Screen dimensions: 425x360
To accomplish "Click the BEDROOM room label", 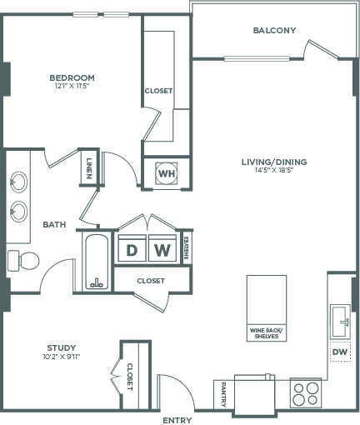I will point(70,77).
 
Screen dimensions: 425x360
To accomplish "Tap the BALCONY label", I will point(274,31).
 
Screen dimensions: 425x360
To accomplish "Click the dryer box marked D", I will point(132,249).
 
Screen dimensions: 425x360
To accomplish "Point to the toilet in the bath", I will point(25,260).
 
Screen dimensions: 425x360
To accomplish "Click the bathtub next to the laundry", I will point(97,261).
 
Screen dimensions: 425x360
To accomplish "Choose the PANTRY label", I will point(224,392).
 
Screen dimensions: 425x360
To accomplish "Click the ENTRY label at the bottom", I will point(177,419).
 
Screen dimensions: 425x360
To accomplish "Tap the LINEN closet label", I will point(89,168).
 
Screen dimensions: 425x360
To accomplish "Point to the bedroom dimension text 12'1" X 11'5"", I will point(70,86).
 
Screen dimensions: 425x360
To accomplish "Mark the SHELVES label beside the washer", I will point(187,247).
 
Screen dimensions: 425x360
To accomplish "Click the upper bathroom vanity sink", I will point(18,180).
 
